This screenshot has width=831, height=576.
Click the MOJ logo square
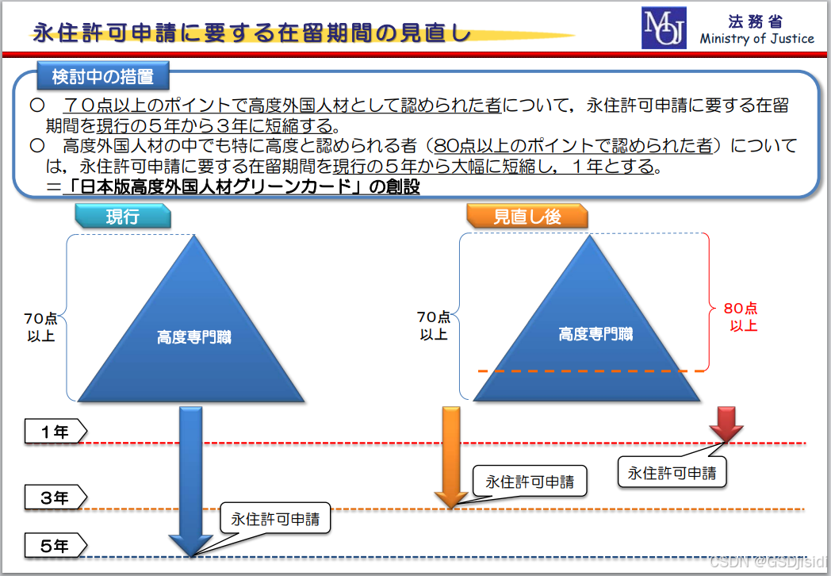point(664,29)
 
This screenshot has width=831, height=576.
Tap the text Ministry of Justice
point(756,38)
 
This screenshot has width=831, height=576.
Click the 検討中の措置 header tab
point(102,77)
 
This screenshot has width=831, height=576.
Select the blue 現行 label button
point(123,217)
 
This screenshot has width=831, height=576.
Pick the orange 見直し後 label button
point(527,217)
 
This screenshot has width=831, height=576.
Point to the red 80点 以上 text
point(742,317)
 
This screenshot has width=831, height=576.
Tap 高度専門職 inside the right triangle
point(595,334)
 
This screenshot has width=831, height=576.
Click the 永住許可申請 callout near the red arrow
point(672,473)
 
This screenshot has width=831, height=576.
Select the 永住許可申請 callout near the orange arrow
point(530,481)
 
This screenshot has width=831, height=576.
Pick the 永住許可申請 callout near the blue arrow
point(275,520)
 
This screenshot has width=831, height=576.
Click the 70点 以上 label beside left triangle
point(40,327)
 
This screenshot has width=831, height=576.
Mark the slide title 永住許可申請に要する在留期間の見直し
point(251,33)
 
